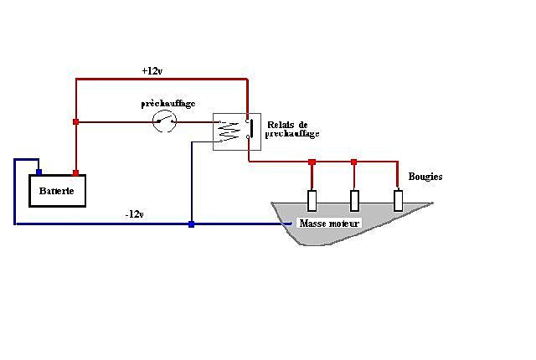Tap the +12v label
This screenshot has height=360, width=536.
tap(152, 70)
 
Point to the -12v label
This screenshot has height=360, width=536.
tap(134, 214)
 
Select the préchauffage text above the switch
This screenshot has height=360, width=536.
tap(167, 104)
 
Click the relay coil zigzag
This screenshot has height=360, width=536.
tap(229, 131)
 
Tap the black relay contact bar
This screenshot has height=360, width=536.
tap(251, 128)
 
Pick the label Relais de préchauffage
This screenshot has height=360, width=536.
tap(292, 129)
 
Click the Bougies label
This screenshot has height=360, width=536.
tap(425, 177)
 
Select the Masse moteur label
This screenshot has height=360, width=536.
tap(329, 224)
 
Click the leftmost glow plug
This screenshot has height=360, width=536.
tap(312, 200)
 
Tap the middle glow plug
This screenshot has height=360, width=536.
tap(354, 200)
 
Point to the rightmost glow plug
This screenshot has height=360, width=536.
tap(399, 200)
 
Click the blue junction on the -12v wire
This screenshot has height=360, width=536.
tap(192, 224)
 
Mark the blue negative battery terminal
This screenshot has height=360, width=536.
tap(39, 172)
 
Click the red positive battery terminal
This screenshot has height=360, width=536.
tap(75, 172)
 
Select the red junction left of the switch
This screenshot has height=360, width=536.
tap(76, 122)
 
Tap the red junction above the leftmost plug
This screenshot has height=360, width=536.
tap(312, 162)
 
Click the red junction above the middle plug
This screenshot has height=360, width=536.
tap(354, 162)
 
